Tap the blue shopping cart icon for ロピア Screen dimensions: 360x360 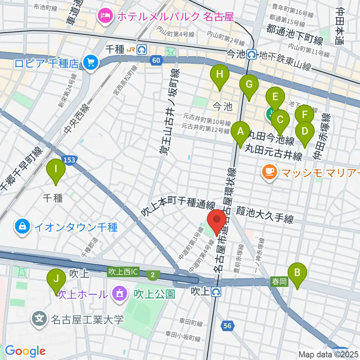(90, 62)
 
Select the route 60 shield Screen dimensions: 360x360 (156, 60)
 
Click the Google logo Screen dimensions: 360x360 (25, 351)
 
